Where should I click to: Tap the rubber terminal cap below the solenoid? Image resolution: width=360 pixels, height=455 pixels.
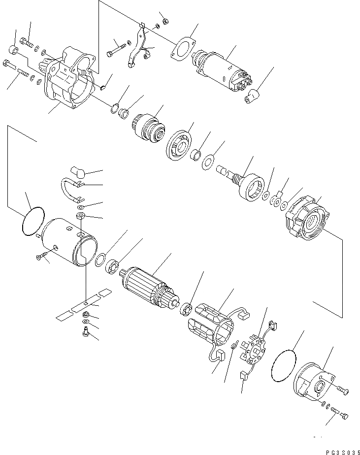tap(253, 95)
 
